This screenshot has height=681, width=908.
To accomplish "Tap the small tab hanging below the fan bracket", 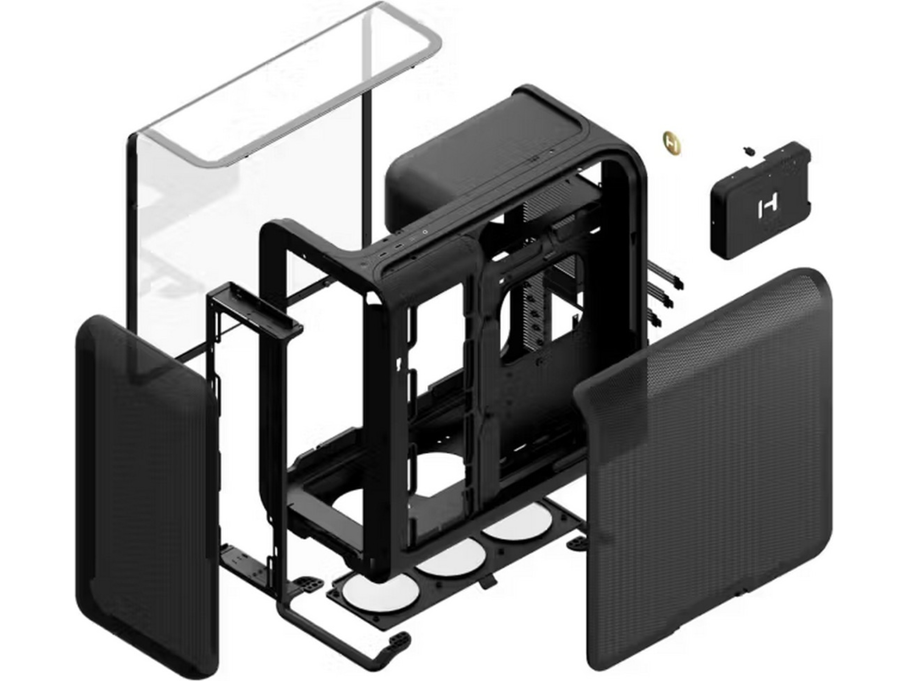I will click(x=488, y=581).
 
